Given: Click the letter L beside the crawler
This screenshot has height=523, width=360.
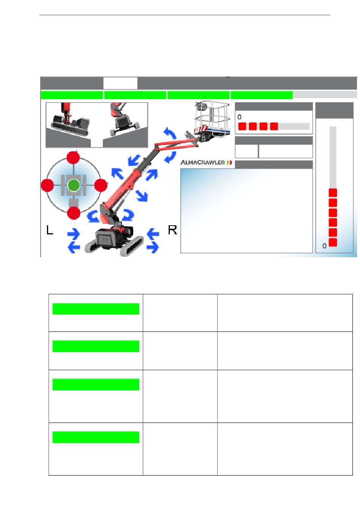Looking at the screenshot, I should pyautogui.click(x=50, y=230).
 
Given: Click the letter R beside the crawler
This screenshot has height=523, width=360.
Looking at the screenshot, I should pyautogui.click(x=172, y=230).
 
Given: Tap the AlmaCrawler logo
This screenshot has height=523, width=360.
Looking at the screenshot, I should pyautogui.click(x=207, y=163).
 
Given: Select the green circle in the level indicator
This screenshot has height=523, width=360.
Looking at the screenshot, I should pyautogui.click(x=74, y=185).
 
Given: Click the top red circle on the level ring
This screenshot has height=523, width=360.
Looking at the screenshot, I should pyautogui.click(x=73, y=158).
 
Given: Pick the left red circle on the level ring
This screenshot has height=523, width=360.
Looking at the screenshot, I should pyautogui.click(x=47, y=185).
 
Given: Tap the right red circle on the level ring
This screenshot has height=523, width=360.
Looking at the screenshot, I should pyautogui.click(x=100, y=185).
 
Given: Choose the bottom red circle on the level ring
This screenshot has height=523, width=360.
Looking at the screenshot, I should pyautogui.click(x=74, y=213).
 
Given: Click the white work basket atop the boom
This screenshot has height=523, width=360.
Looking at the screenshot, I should pyautogui.click(x=212, y=116).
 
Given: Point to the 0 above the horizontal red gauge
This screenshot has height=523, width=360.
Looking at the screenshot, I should pyautogui.click(x=239, y=117).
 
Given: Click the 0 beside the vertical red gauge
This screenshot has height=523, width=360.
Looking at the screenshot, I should pyautogui.click(x=324, y=246).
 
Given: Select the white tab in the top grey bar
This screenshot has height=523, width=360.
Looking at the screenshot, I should pyautogui.click(x=120, y=83).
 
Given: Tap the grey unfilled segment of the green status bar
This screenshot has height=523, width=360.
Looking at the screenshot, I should pyautogui.click(x=324, y=95).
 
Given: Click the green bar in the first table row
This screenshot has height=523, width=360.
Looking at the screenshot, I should pyautogui.click(x=95, y=309).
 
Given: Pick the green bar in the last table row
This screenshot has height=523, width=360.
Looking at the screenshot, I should pyautogui.click(x=95, y=437).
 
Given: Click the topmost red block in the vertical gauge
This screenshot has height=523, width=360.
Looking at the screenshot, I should pyautogui.click(x=333, y=193).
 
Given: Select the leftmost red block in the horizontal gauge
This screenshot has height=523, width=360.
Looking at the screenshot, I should pyautogui.click(x=242, y=126).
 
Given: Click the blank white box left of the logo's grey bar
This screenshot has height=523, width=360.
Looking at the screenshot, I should pyautogui.click(x=246, y=151).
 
